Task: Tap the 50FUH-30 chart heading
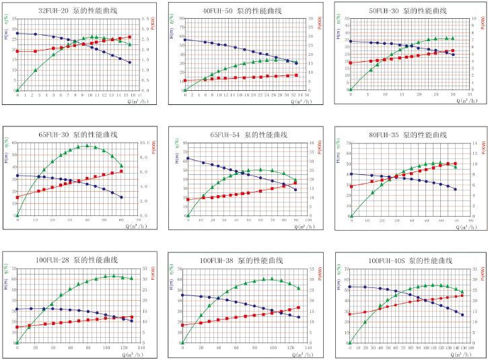(407, 11)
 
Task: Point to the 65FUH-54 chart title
(243, 135)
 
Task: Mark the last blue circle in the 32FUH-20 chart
(129, 63)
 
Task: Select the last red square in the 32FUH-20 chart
(129, 37)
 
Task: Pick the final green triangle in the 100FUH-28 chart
(131, 278)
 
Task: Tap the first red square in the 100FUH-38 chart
(182, 325)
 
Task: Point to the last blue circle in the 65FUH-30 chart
(121, 197)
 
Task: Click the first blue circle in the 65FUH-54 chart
(187, 158)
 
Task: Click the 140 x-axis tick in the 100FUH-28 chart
(139, 347)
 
